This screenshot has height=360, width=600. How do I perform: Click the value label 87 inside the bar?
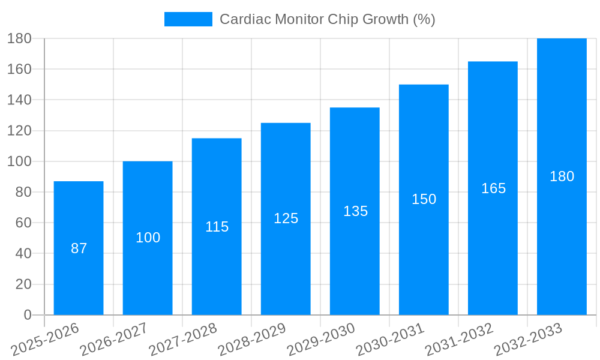[x=79, y=248]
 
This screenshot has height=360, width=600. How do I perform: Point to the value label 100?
[x=148, y=238]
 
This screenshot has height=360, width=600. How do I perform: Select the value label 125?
[x=286, y=218]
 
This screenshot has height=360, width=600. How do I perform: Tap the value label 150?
[x=424, y=199]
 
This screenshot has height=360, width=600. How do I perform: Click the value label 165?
[x=493, y=188]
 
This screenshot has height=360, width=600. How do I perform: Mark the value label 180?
[x=562, y=176]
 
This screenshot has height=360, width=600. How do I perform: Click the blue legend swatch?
[x=188, y=19]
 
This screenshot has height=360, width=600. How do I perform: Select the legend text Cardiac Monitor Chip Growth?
[x=327, y=19]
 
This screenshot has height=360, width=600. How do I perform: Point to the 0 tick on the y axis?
[x=27, y=315]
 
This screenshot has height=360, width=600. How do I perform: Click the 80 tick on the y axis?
[x=23, y=192]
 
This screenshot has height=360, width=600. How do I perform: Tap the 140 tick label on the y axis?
[x=19, y=100]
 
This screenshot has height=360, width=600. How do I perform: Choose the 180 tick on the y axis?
[x=19, y=38]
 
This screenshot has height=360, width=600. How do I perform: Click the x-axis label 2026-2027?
[x=113, y=339]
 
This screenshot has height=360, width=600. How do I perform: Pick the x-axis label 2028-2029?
[x=251, y=339]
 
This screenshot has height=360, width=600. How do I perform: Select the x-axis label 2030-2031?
[x=389, y=339]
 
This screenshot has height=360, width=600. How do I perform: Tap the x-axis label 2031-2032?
[x=458, y=339]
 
